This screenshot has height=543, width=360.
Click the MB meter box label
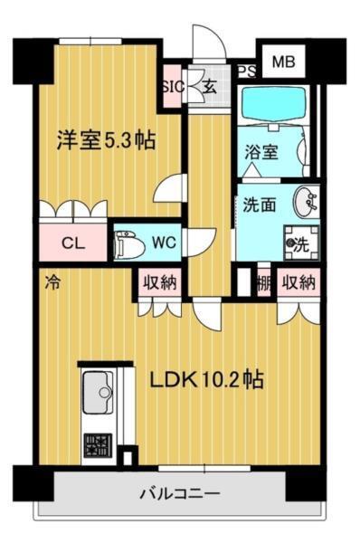click(283, 62)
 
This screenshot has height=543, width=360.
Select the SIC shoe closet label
click(173, 87)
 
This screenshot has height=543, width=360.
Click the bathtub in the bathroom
click(273, 104)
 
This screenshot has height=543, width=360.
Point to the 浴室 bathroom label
click(261, 152)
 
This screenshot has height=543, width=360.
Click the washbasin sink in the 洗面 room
click(306, 202)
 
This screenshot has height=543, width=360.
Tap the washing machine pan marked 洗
click(301, 243)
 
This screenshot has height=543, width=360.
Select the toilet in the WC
click(128, 244)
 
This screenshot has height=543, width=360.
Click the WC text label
click(164, 243)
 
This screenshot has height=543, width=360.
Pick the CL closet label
click(73, 243)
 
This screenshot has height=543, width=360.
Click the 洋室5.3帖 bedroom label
click(106, 140)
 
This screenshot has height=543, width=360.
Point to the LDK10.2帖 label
click(206, 380)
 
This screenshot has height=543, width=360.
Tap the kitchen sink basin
click(98, 393)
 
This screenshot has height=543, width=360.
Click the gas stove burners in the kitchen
click(98, 445)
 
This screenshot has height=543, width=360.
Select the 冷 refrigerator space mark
click(52, 282)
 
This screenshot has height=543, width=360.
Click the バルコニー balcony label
click(180, 493)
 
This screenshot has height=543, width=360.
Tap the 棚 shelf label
click(263, 283)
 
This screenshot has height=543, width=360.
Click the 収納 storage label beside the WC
click(160, 282)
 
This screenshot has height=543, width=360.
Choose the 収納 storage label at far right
click(298, 282)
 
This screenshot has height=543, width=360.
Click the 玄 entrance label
click(209, 87)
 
